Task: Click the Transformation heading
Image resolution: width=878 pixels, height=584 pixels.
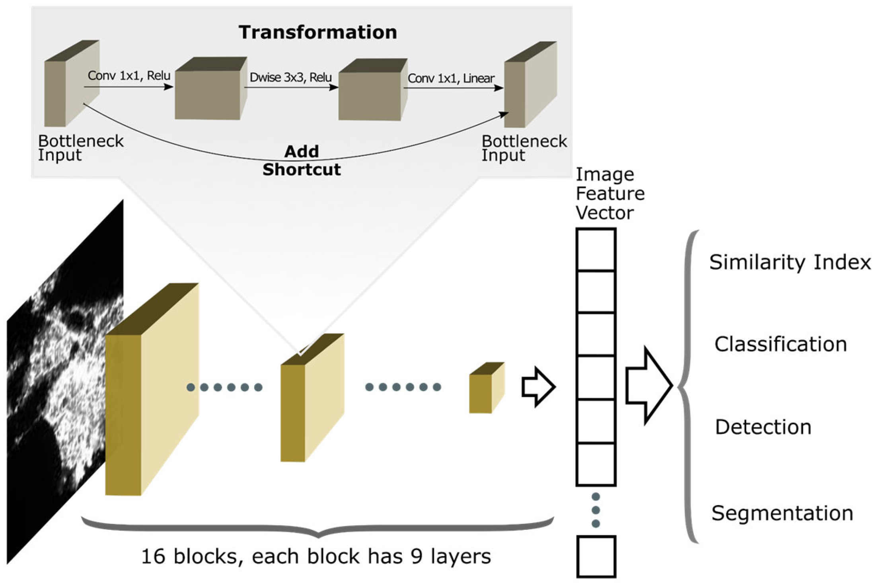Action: click(x=317, y=32)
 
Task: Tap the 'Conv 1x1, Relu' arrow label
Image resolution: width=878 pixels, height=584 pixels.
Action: click(x=129, y=75)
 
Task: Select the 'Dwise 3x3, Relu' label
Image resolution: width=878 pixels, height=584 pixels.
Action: click(x=290, y=77)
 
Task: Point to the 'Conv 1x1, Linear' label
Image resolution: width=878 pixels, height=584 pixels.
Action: click(x=451, y=78)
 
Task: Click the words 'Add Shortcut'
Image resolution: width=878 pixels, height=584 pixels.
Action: click(x=302, y=161)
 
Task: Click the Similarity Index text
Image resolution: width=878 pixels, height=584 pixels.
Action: click(x=790, y=263)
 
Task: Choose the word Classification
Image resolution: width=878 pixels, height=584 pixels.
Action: click(x=781, y=344)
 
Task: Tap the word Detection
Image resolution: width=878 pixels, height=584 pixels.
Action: click(x=763, y=427)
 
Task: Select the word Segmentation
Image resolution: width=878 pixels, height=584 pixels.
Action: click(x=782, y=513)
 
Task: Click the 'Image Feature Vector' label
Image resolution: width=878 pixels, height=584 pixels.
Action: click(x=609, y=194)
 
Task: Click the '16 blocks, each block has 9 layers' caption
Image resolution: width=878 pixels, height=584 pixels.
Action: click(x=316, y=556)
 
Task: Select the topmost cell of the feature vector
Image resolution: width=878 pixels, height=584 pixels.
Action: click(x=596, y=250)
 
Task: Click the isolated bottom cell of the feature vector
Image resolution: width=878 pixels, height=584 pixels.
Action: click(x=596, y=556)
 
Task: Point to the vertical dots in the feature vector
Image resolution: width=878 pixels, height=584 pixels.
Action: click(x=596, y=510)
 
